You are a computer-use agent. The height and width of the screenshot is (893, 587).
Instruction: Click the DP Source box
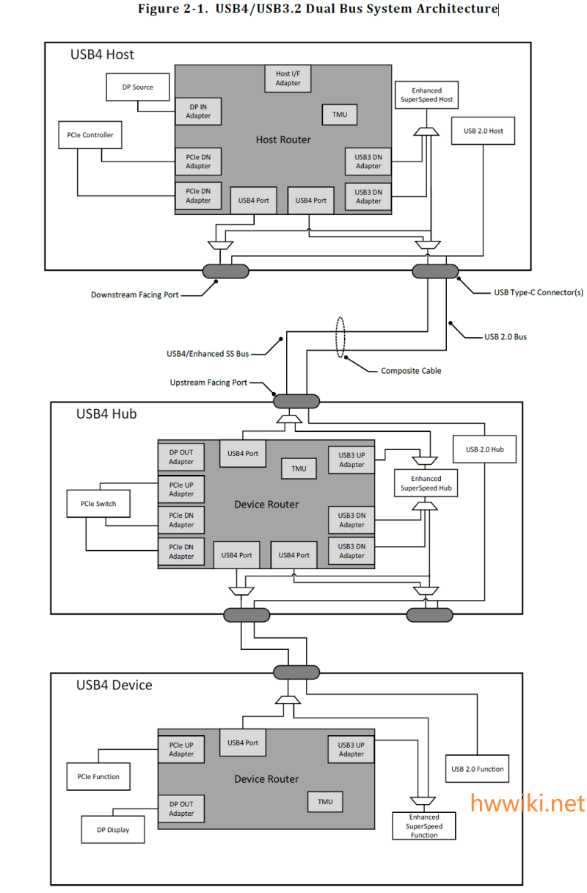point(137,87)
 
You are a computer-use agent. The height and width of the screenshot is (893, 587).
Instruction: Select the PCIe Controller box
point(90,135)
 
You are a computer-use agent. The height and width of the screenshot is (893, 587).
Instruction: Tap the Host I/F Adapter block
point(288,79)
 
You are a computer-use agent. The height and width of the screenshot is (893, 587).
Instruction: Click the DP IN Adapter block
point(198,111)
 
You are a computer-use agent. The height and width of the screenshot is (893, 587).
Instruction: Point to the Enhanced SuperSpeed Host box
point(426,95)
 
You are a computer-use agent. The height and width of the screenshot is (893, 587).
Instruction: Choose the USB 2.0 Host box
point(483,131)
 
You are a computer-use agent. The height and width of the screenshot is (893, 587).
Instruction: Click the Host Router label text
point(283,140)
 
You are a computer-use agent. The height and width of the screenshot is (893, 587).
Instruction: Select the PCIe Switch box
point(98,504)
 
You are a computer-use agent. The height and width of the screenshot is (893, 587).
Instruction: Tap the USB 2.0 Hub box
point(485,449)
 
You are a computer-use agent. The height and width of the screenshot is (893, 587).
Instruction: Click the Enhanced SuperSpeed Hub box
point(426,483)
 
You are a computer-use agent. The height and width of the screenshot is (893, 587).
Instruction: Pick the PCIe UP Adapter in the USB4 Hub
point(181,489)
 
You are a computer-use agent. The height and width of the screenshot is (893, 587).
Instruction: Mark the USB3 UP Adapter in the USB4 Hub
point(351,460)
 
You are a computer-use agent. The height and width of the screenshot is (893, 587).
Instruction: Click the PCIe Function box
point(98,776)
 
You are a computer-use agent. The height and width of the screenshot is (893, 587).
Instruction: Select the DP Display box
point(113,830)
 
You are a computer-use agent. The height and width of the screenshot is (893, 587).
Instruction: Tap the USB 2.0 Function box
point(477,769)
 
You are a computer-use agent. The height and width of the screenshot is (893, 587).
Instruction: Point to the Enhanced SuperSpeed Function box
point(424,826)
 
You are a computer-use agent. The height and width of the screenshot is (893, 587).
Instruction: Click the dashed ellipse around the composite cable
point(335,337)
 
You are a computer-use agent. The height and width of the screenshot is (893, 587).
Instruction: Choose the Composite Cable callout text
point(411,371)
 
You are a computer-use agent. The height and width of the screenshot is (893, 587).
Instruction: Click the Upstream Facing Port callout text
point(208,383)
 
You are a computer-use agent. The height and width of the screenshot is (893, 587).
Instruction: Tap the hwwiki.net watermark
point(528,803)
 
